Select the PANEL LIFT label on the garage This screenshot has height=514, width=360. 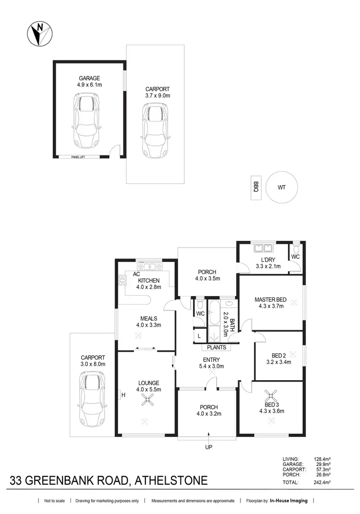pos(78,156)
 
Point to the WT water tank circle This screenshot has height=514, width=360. pos(281,187)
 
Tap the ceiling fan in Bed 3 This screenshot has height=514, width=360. pos(272,396)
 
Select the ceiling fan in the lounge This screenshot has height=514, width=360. pos(145,403)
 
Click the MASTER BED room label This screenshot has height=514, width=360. pos(270,300)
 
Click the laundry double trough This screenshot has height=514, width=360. pos(263,248)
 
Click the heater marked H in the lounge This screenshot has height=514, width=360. pos(121,395)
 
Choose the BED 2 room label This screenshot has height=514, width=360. pos(278,356)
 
